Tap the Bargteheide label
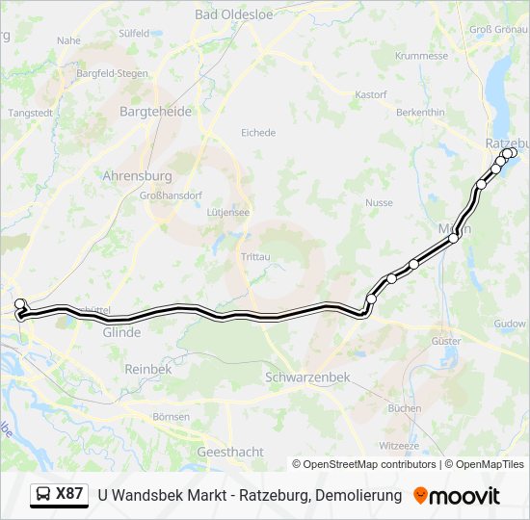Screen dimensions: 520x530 (x=155, y=112)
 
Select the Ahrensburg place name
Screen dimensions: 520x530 (x=137, y=176)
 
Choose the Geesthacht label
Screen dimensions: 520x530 (x=229, y=452)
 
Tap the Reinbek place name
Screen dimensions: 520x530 (x=147, y=369)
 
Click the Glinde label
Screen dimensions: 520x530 (x=121, y=332)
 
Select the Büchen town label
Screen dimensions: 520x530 (x=405, y=408)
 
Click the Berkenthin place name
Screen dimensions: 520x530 (x=420, y=113)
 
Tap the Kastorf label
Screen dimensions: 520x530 (x=371, y=95)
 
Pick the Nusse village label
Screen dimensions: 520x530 (x=379, y=203)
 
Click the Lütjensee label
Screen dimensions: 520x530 (x=228, y=212)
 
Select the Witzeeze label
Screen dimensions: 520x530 (x=399, y=446)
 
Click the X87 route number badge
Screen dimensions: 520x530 (x=59, y=495)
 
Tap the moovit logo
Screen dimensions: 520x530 (x=457, y=496)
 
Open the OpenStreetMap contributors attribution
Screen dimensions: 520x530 (x=370, y=464)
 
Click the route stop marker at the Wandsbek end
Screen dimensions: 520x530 (x=19, y=304)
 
